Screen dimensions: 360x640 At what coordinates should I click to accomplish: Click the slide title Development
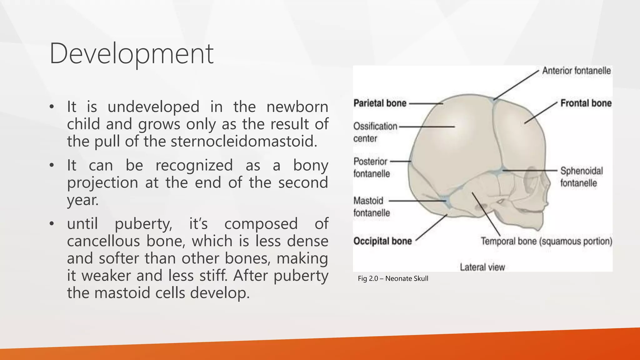(131, 54)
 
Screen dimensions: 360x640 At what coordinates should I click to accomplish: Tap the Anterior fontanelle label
(576, 71)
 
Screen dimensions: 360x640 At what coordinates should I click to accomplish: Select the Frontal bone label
(586, 103)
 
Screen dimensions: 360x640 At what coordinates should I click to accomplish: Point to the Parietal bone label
(380, 103)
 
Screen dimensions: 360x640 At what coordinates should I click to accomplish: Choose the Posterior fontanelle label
(371, 167)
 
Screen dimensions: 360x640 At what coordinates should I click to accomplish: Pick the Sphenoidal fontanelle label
(581, 177)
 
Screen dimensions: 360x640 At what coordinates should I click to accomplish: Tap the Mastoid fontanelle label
(371, 207)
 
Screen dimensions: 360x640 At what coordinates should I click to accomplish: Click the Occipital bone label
(382, 241)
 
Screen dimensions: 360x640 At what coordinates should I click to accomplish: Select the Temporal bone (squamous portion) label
(546, 241)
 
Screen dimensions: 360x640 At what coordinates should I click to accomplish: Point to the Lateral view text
(482, 267)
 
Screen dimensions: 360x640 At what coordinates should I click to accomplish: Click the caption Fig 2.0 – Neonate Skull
(393, 278)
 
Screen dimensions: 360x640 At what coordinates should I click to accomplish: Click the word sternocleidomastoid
(243, 142)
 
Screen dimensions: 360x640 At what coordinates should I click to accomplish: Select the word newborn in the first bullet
(297, 107)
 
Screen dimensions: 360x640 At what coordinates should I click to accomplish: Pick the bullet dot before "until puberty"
(52, 224)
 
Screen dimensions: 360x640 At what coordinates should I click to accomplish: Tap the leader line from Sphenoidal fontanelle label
(531, 171)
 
